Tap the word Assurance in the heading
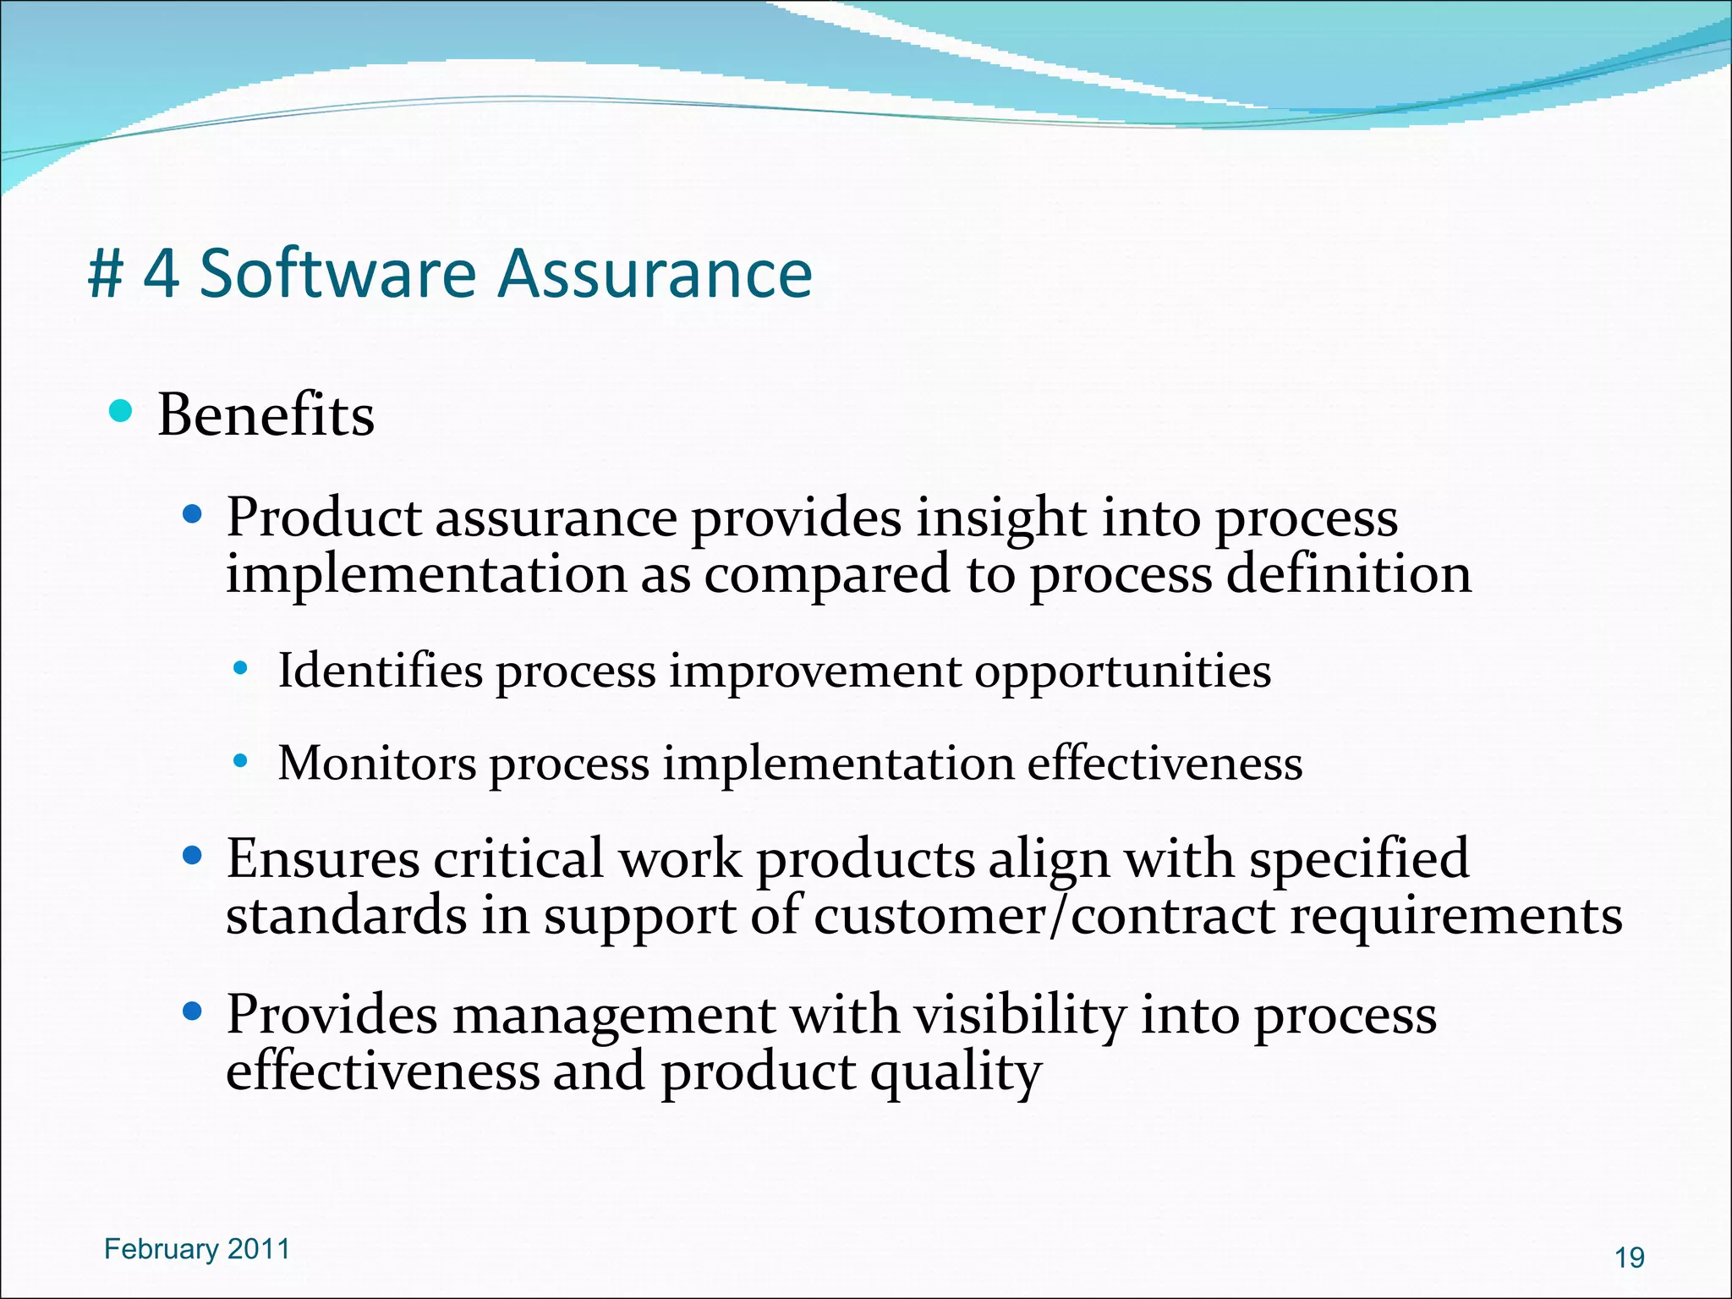[x=655, y=273]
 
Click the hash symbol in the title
[x=107, y=275]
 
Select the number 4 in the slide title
[x=161, y=275]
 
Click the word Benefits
[x=266, y=415]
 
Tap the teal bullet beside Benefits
[x=121, y=412]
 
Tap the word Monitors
[x=377, y=764]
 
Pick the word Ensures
[x=322, y=859]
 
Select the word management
[x=614, y=1016]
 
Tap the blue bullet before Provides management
[x=193, y=1011]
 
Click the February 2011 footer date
[x=196, y=1249]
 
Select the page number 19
[x=1629, y=1258]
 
